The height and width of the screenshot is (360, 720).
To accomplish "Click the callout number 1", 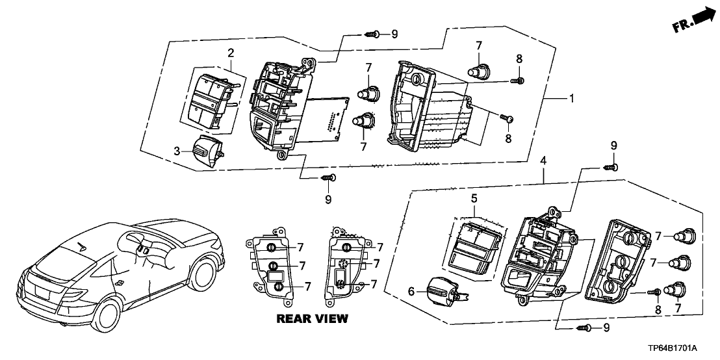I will pos(571,99).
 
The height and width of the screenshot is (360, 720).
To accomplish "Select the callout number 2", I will pos(230,52).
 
